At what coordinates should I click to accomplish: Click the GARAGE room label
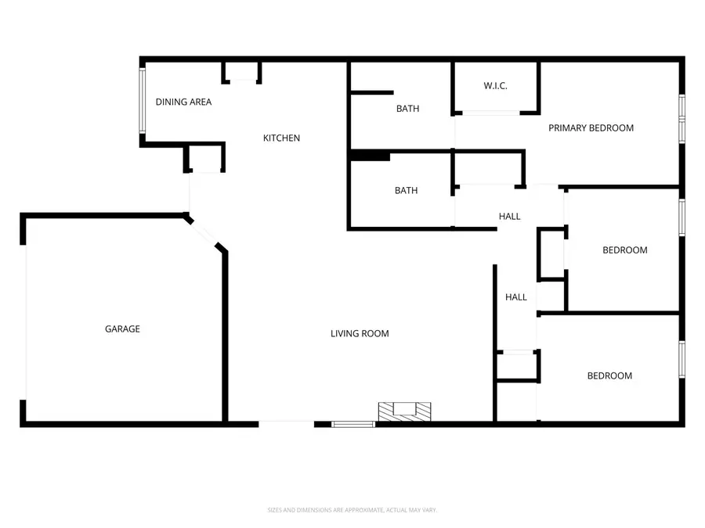[x=122, y=329]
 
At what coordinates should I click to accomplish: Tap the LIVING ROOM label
[x=360, y=334]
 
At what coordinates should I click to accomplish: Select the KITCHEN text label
[x=281, y=138]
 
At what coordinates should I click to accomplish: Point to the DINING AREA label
[x=183, y=102]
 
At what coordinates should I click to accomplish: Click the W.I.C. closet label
[x=495, y=86]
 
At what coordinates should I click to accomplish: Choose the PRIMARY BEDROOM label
[x=591, y=128]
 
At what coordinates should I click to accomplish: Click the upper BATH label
[x=407, y=109]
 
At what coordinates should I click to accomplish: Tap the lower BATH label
[x=406, y=191]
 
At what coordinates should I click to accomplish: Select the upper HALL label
[x=510, y=217]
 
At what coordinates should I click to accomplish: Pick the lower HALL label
[x=516, y=297]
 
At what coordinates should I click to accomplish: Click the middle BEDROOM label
[x=624, y=250]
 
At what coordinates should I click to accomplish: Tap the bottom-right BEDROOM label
[x=609, y=376]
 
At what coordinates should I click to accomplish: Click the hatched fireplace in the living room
[x=404, y=411]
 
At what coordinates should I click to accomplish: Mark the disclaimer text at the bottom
[x=352, y=510]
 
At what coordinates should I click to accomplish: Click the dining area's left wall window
[x=143, y=102]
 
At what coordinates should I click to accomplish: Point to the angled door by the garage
[x=206, y=233]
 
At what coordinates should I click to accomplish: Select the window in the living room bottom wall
[x=353, y=425]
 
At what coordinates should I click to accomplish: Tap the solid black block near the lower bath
[x=370, y=156]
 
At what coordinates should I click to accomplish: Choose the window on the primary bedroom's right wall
[x=681, y=117]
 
